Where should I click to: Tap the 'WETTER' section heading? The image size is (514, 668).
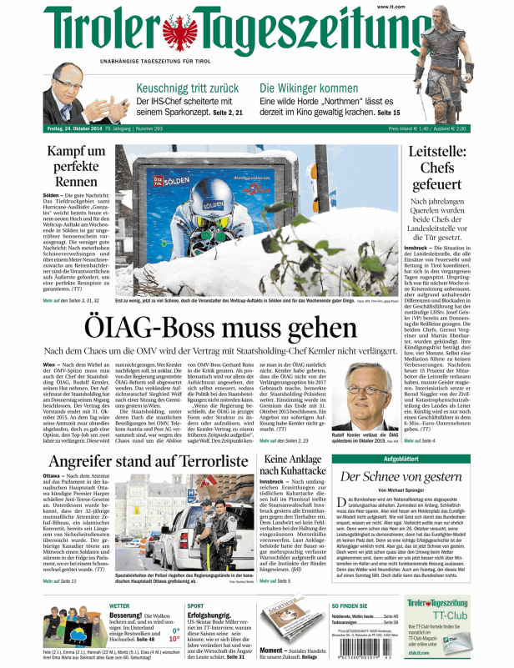point(119,605)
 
